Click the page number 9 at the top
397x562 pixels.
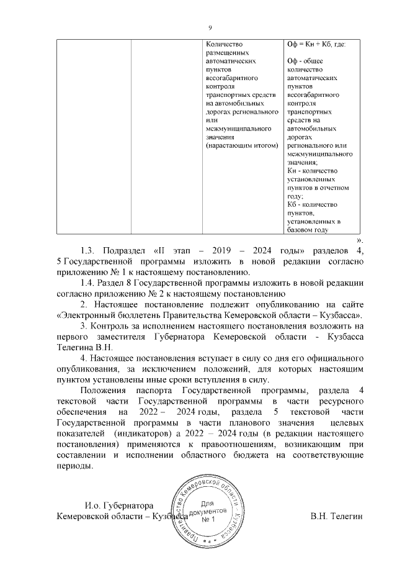pos(210,27)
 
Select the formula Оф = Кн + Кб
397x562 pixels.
pos(316,45)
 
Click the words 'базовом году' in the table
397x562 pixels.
pos(307,230)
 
